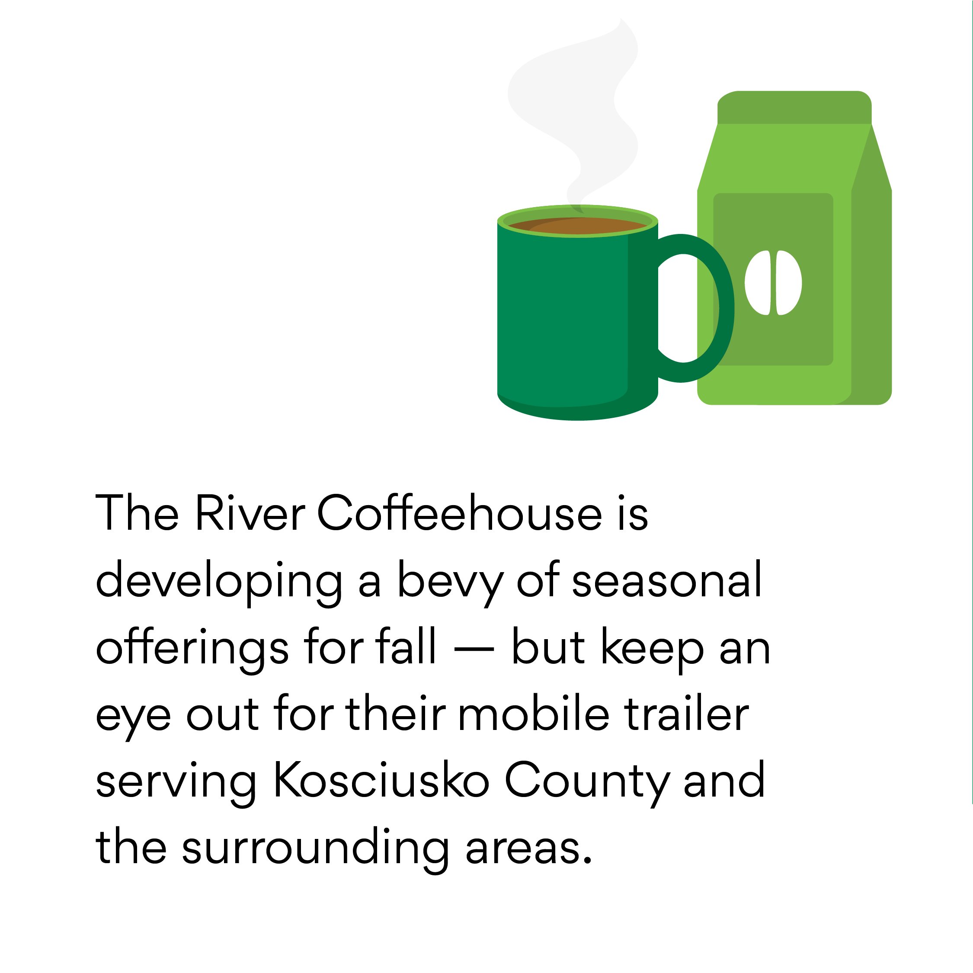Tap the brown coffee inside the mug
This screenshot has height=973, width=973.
[578, 226]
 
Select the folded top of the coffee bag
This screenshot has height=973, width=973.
[794, 107]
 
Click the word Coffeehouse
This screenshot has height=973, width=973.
[459, 513]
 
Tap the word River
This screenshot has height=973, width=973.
[250, 513]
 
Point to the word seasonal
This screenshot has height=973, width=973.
[667, 580]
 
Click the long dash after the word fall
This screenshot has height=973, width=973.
[474, 650]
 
